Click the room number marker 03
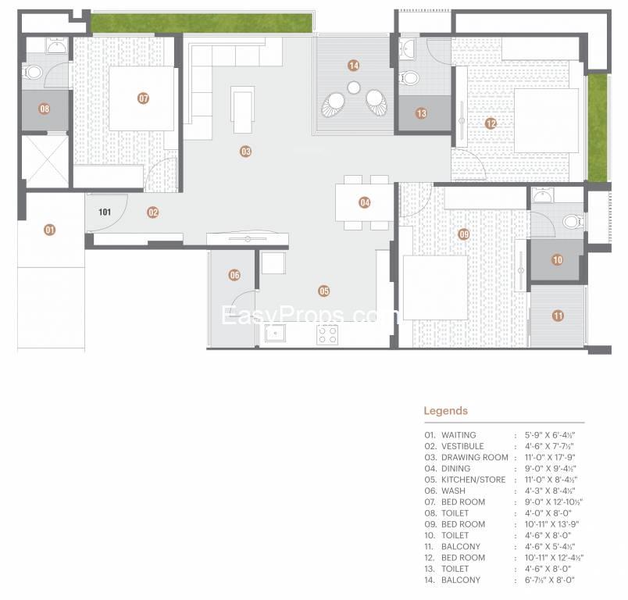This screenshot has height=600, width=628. [245, 152]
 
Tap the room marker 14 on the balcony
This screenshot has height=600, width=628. [353, 66]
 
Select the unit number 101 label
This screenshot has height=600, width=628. [105, 212]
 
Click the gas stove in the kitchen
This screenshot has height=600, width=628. [327, 335]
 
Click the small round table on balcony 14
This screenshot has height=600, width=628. [354, 87]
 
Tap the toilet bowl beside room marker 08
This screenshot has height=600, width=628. [33, 73]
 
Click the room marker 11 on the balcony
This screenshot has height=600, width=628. [558, 316]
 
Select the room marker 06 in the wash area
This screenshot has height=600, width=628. [234, 275]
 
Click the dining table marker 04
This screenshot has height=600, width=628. [365, 202]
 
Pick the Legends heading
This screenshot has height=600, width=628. [446, 411]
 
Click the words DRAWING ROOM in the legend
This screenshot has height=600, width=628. [475, 457]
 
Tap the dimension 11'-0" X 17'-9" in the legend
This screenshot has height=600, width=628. [551, 457]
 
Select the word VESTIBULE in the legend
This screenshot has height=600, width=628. [462, 446]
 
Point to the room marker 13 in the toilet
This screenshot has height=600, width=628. [421, 113]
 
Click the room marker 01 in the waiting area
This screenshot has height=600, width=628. [49, 230]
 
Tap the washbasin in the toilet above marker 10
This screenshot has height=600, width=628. [543, 196]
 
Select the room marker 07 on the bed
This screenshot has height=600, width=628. [143, 98]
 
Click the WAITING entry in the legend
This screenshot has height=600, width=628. [459, 434]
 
